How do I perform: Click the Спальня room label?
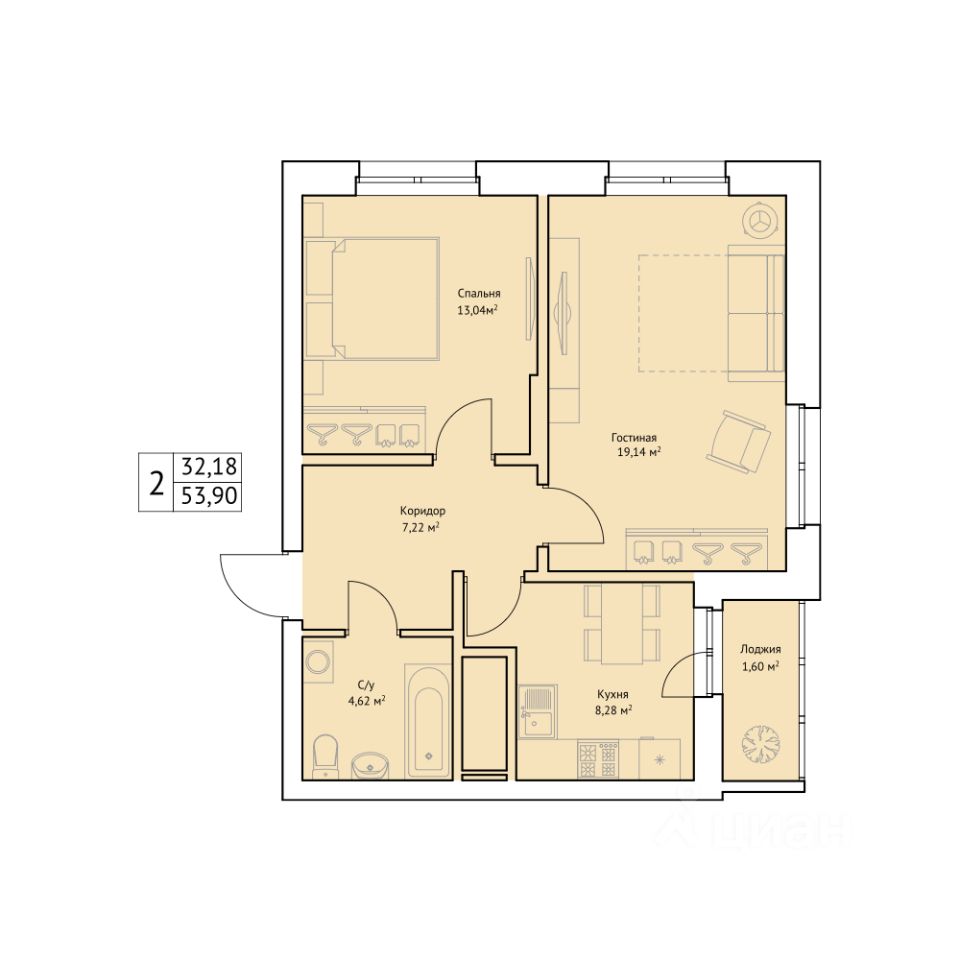[478, 294]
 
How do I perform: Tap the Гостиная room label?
[634, 438]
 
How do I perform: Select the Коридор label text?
[422, 511]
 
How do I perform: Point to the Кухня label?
[613, 694]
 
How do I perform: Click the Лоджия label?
[760, 650]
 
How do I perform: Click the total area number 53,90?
[209, 495]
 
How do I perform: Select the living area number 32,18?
[209, 467]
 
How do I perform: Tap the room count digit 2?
[157, 482]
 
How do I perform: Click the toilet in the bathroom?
[325, 757]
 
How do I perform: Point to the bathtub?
[429, 721]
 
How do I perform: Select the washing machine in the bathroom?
[319, 662]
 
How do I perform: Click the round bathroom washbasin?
[370, 766]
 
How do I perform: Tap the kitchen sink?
[538, 711]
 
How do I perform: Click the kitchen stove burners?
[598, 759]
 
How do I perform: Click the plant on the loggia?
[761, 744]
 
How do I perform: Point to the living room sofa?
[756, 313]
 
